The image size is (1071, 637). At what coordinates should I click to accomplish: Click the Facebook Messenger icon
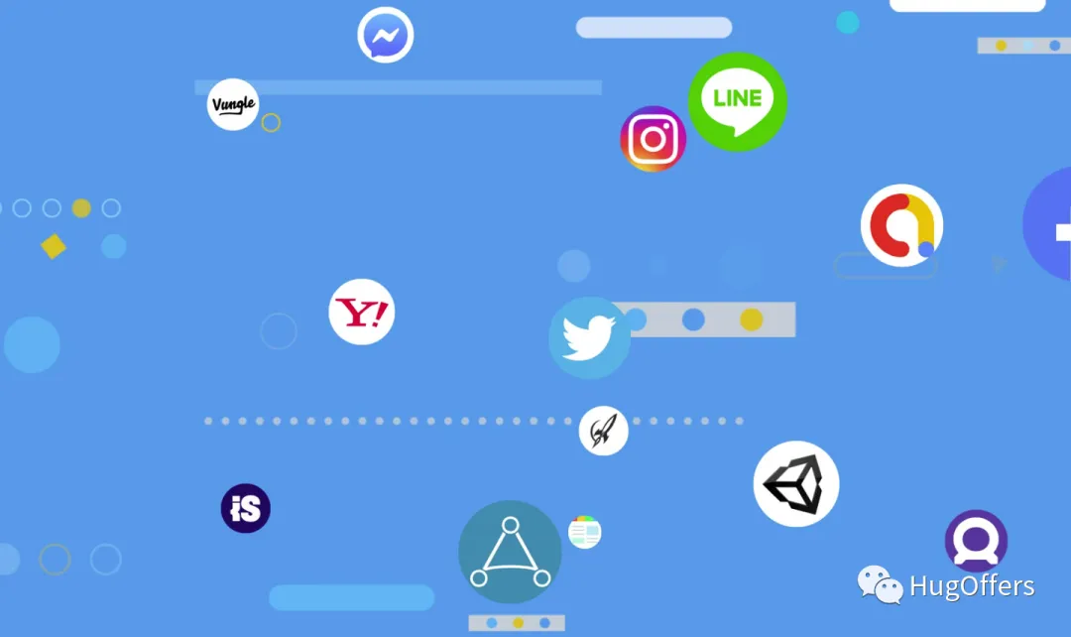pos(385,36)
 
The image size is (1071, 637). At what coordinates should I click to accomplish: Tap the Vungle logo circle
pos(233,104)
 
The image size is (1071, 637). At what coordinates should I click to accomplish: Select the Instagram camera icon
pos(653,138)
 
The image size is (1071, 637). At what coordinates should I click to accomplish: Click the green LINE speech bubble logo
pos(737,101)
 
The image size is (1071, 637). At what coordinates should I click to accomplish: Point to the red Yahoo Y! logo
pos(362,312)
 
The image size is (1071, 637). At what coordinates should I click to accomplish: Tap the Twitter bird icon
pos(589,337)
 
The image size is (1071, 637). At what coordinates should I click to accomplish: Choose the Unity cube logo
pos(796,483)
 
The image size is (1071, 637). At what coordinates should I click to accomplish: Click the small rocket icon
pos(603,431)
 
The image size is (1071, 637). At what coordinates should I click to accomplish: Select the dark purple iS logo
pos(245,509)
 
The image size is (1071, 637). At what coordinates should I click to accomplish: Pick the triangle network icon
pos(510,552)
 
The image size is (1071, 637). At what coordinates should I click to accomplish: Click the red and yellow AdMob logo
pos(901,225)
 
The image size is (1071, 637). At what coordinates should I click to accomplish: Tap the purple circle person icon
pos(976,541)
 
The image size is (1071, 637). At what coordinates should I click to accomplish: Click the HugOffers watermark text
pos(972,586)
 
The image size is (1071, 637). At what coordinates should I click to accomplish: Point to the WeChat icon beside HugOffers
pos(880,584)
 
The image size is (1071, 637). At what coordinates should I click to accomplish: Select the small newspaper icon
pos(585,532)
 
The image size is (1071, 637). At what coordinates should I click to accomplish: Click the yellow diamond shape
pos(53,246)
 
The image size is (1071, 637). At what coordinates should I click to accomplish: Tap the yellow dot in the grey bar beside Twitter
pos(752,319)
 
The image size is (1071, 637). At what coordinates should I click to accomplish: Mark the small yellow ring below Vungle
pos(271,123)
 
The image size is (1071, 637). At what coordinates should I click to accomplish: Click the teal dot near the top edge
pos(847,22)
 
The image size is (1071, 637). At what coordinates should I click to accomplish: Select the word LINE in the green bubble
pos(737,97)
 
